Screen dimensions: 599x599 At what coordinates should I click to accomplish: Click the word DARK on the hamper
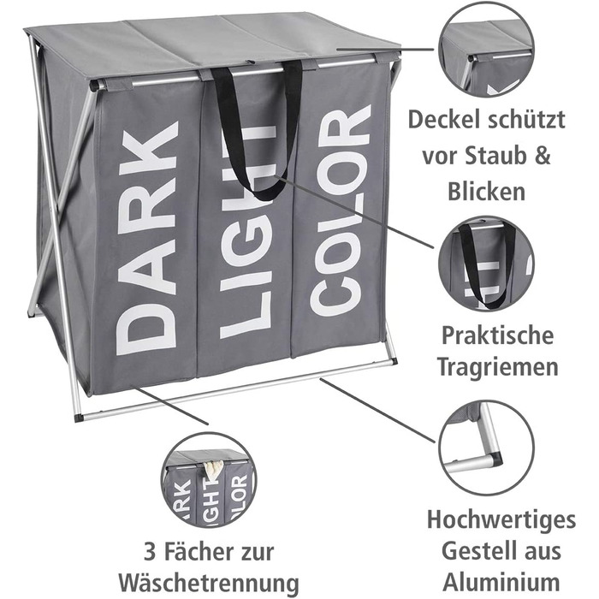[x=147, y=238]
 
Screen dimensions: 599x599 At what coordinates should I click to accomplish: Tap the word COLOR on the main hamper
[x=340, y=211]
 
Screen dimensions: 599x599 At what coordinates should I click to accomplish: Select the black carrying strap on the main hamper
[x=257, y=130]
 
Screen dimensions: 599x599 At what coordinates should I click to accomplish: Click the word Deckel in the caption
[x=439, y=120]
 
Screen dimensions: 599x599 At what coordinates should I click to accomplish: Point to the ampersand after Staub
[x=543, y=157]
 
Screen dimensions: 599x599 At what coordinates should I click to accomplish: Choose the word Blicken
[x=486, y=191]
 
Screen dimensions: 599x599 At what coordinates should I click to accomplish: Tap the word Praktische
[x=497, y=335]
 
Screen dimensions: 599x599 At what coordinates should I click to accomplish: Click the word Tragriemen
[x=498, y=367]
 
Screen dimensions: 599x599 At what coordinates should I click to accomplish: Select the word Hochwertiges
[x=501, y=520]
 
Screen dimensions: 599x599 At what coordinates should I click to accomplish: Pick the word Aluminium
[x=501, y=583]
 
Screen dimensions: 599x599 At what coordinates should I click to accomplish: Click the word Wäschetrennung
[x=209, y=584]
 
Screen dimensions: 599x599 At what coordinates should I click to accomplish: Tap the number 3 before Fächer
[x=150, y=553]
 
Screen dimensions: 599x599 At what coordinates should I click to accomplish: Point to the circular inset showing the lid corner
[x=486, y=50]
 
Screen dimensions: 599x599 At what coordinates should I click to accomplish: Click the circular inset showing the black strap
[x=486, y=264]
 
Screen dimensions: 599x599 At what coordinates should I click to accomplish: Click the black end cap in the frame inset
[x=496, y=458]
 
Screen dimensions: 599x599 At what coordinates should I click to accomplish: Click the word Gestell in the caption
[x=471, y=552]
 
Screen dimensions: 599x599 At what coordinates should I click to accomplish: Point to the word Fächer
[x=193, y=552]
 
